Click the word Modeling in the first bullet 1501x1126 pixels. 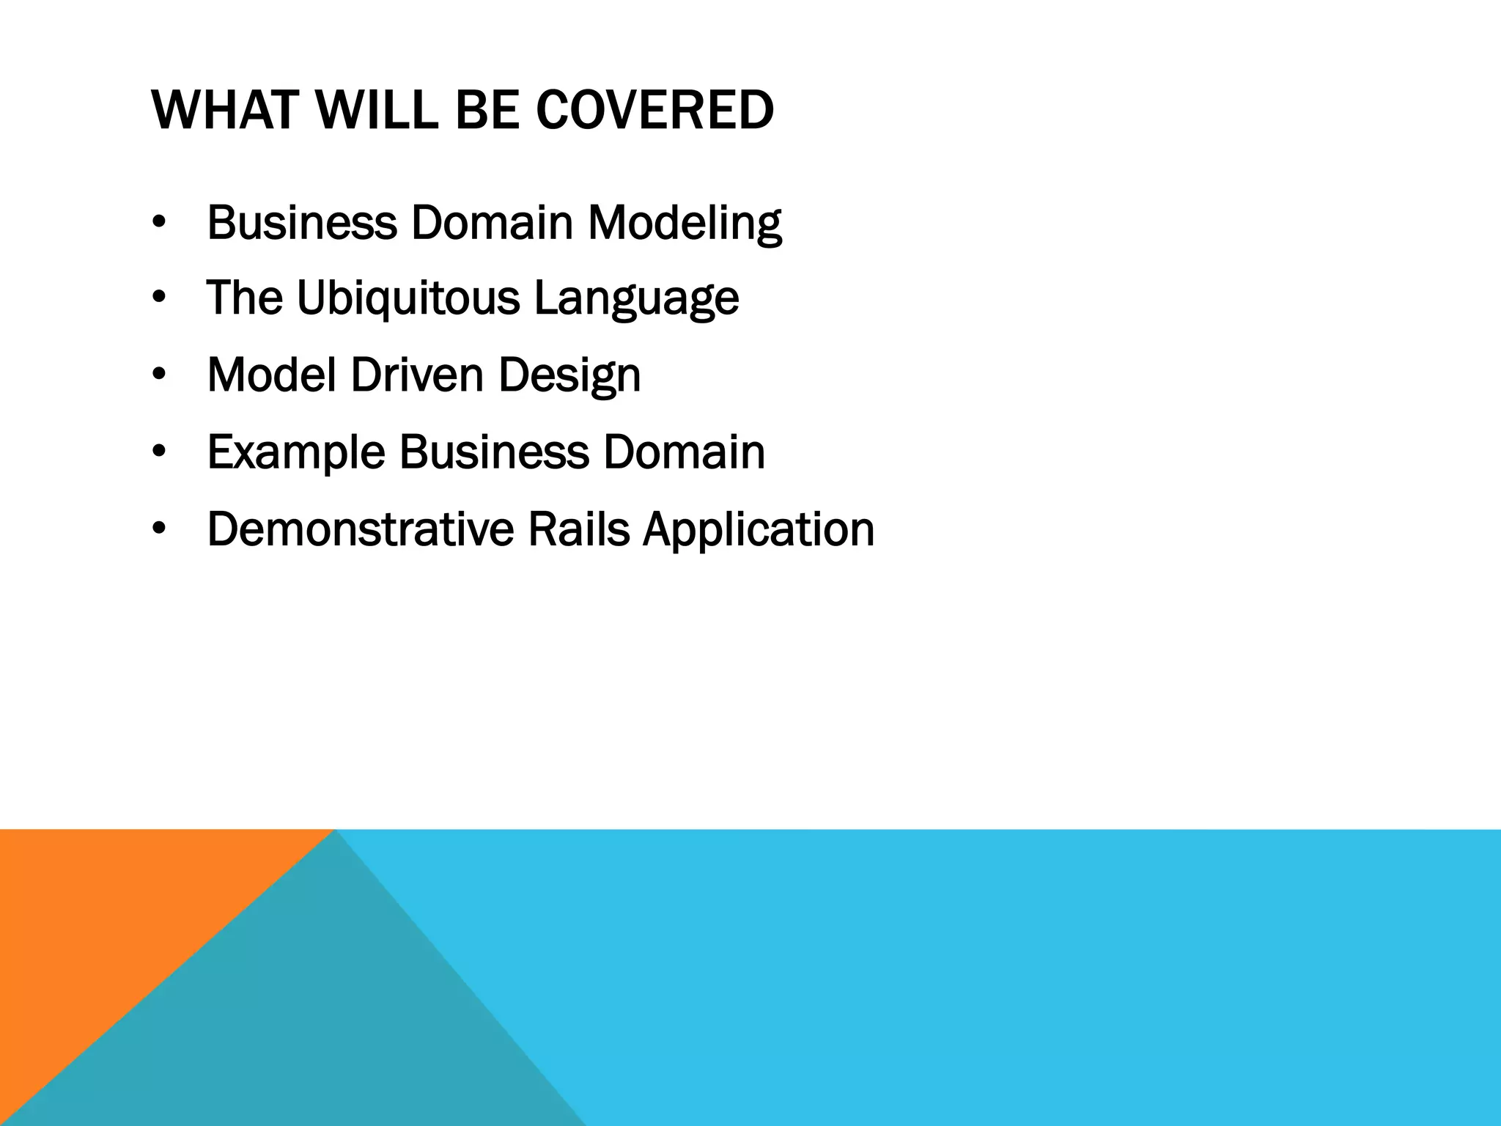coord(685,223)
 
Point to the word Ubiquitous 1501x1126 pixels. coord(407,298)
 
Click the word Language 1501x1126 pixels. coord(636,298)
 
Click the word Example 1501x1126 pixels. coord(295,452)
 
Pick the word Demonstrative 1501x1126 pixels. coord(360,529)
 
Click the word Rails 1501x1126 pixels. coord(578,529)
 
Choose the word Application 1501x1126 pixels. coord(759,529)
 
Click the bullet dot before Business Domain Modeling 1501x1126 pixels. coord(159,223)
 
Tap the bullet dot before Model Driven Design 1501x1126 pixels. coord(159,376)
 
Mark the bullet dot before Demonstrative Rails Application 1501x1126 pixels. coord(159,530)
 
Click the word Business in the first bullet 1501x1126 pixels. coord(301,223)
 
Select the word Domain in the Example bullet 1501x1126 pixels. coord(684,452)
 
